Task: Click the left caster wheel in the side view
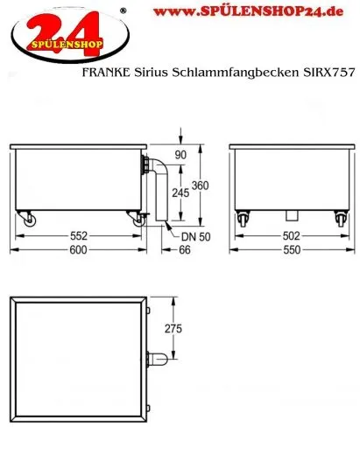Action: click(x=29, y=220)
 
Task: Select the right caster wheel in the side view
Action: click(x=138, y=220)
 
